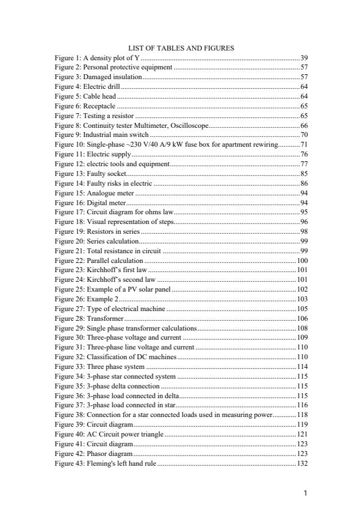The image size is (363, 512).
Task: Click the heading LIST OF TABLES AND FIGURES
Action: (181, 48)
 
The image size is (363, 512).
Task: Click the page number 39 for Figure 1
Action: (304, 57)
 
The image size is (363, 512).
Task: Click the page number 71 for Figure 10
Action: (304, 144)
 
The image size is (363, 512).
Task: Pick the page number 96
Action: (304, 222)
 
